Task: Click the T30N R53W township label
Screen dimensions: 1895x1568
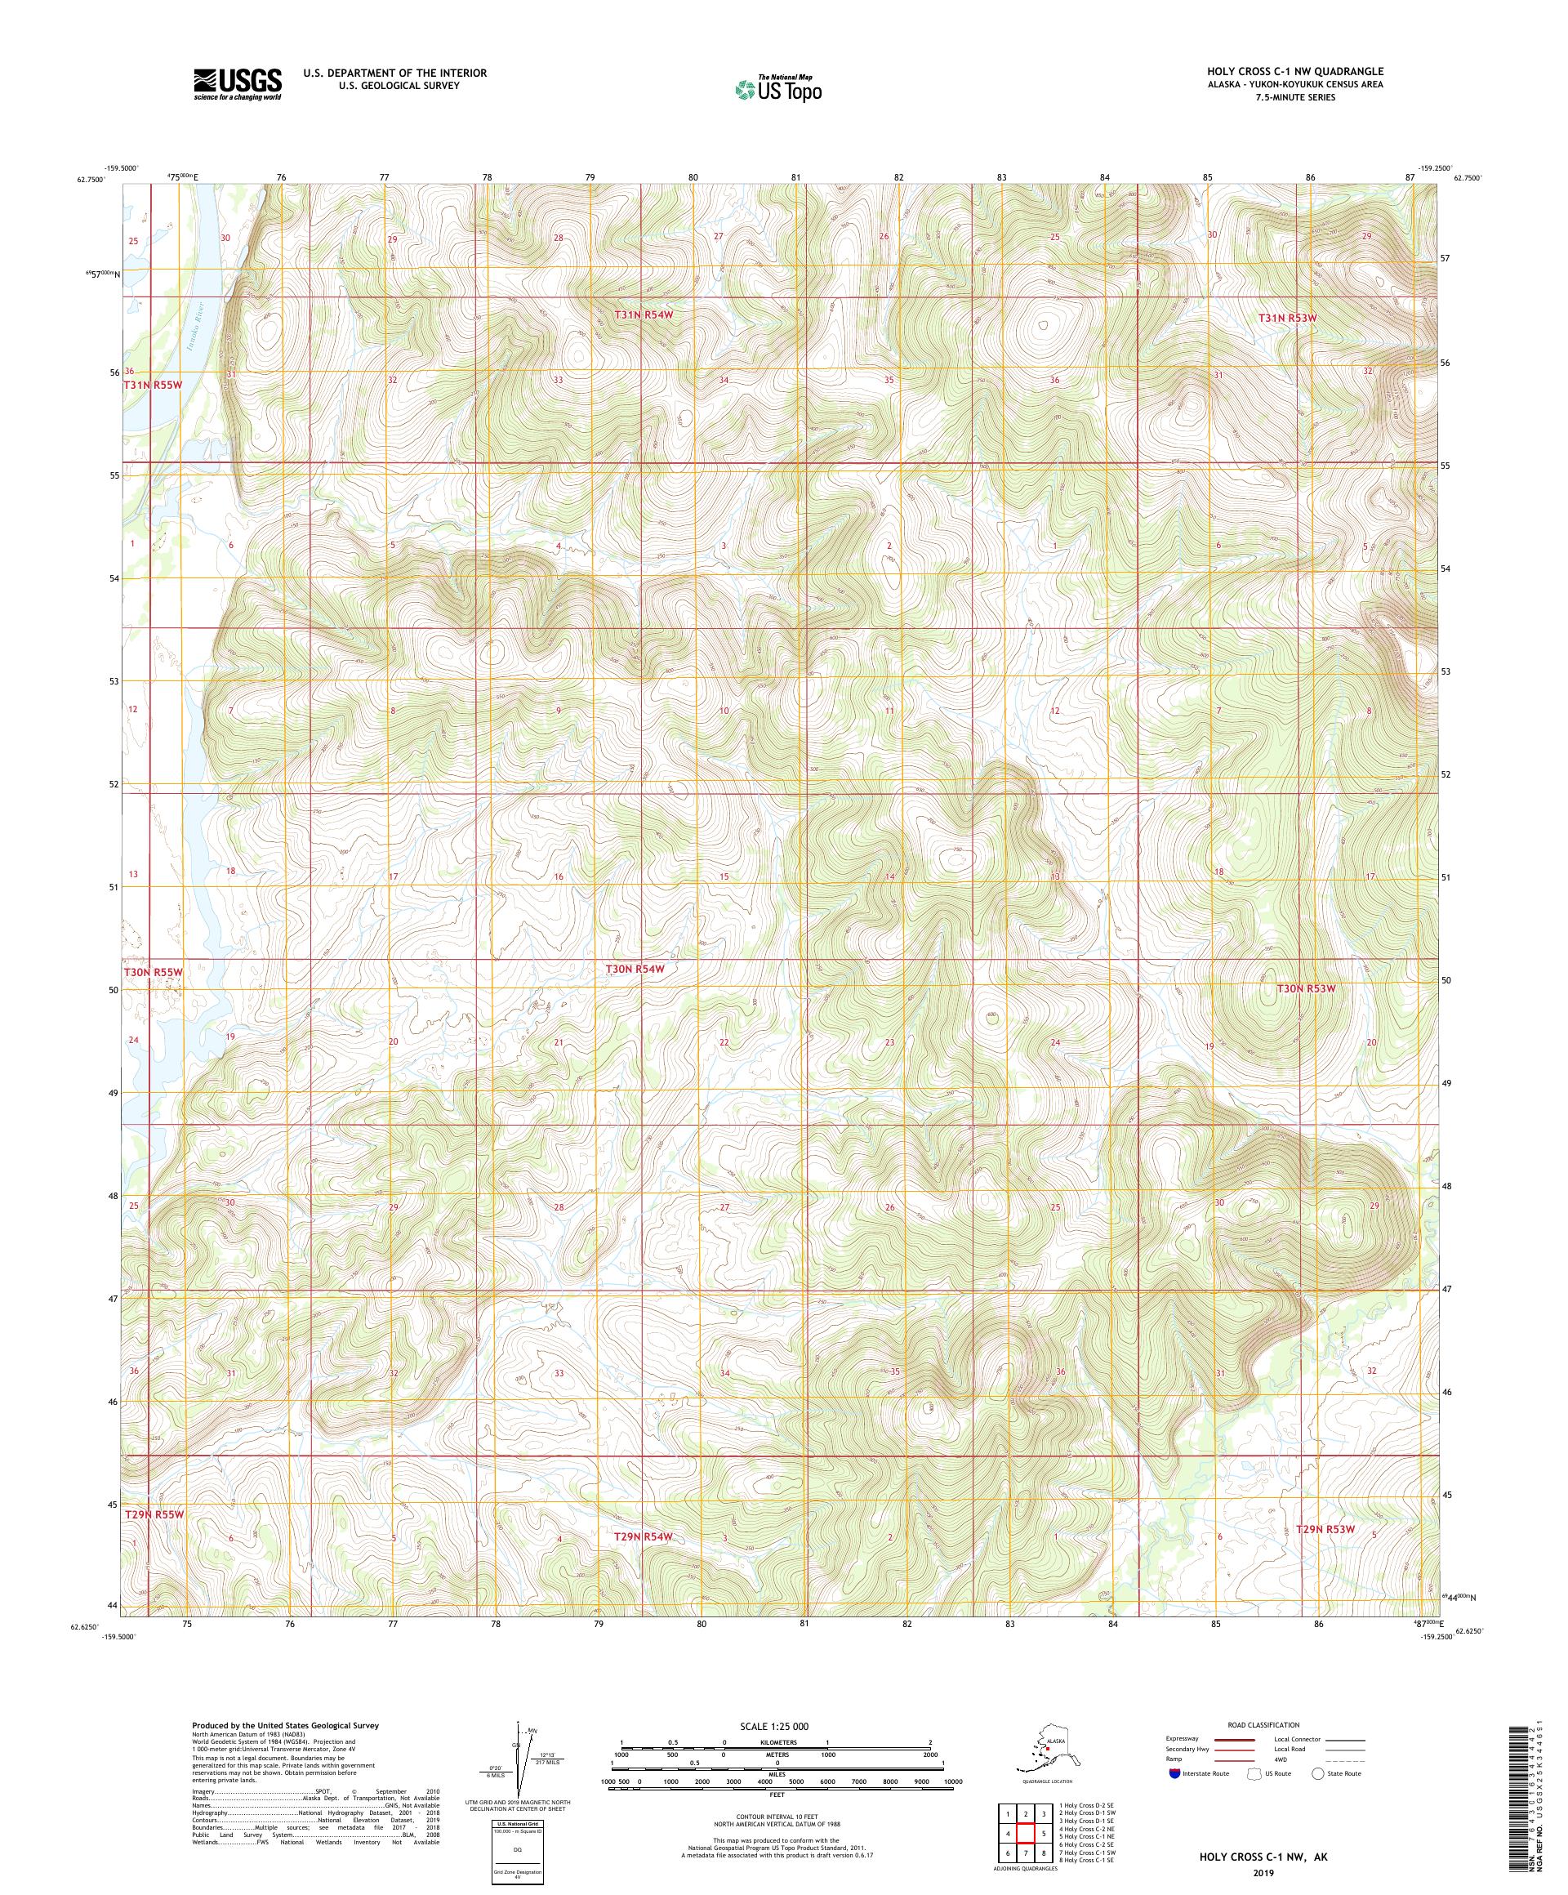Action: [1304, 988]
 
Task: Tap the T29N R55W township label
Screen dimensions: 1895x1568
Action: [154, 1514]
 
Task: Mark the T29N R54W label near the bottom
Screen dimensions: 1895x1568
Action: [644, 1536]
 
